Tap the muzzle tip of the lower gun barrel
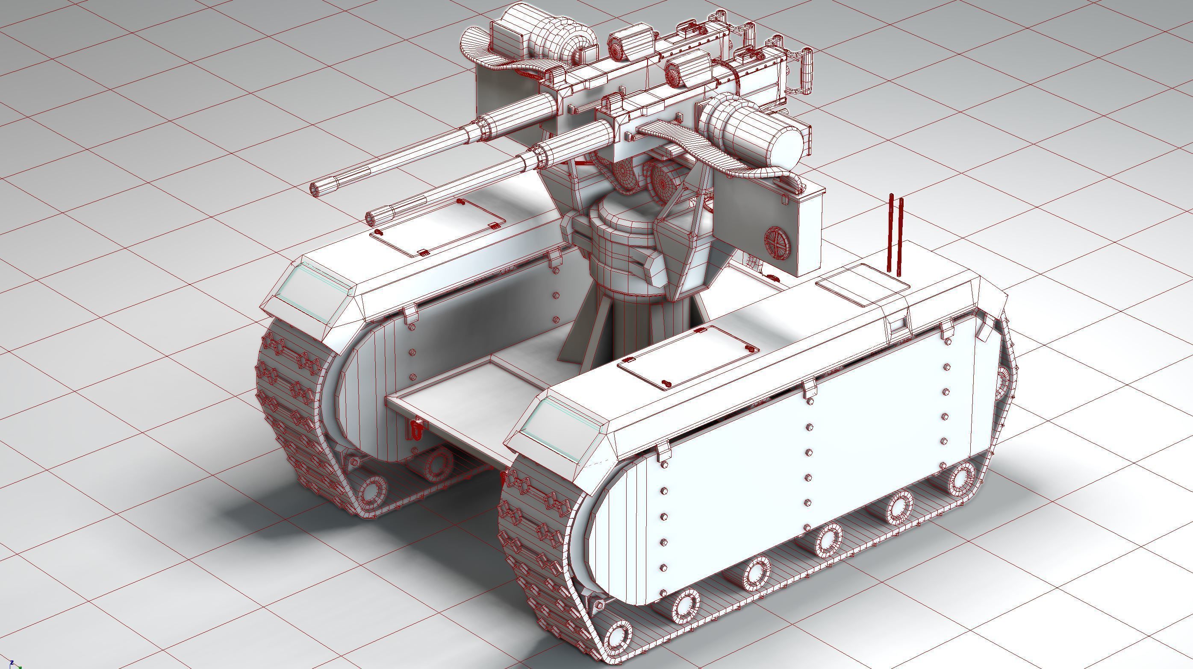point(373,217)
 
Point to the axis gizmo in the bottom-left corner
point(14,663)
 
